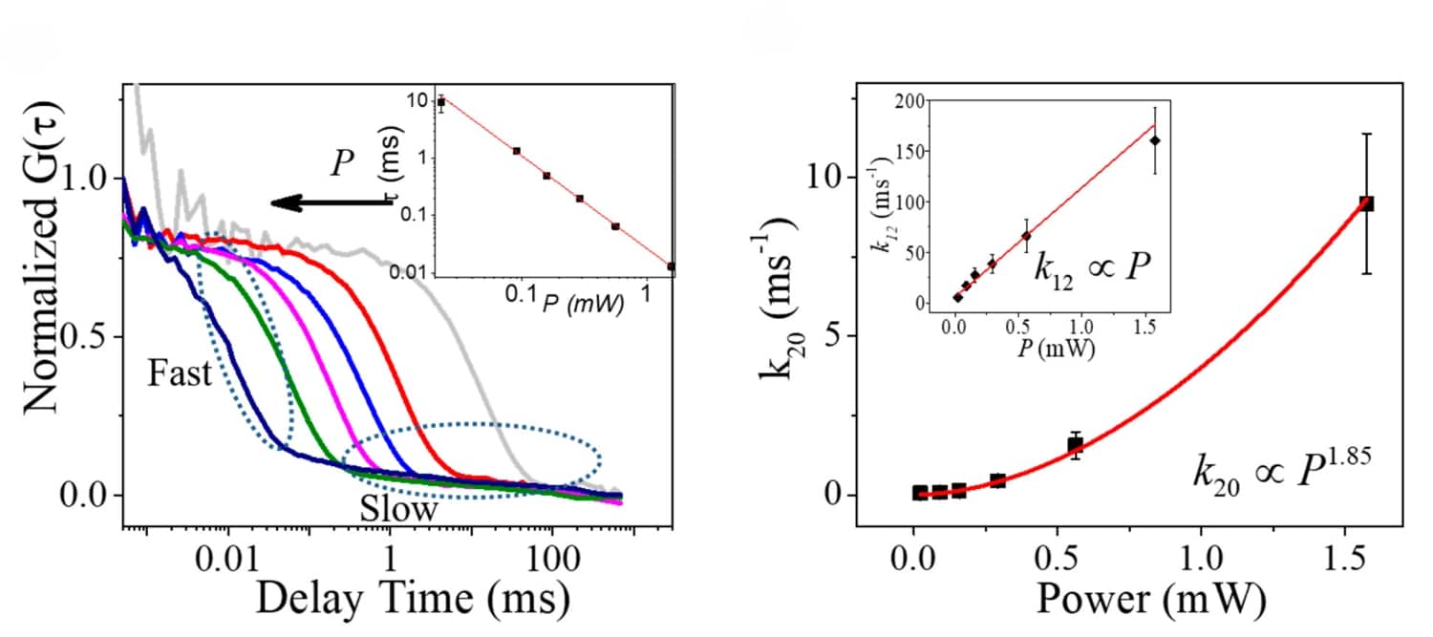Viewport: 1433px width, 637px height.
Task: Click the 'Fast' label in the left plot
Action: coord(180,373)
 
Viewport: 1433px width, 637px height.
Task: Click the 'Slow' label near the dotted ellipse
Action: coord(398,510)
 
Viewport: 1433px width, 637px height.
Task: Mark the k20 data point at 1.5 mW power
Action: coord(1367,203)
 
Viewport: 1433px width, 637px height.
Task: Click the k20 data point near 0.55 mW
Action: coord(1076,445)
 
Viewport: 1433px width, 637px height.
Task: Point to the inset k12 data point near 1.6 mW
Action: coord(1155,140)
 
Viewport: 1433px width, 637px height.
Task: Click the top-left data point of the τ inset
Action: coord(440,102)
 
